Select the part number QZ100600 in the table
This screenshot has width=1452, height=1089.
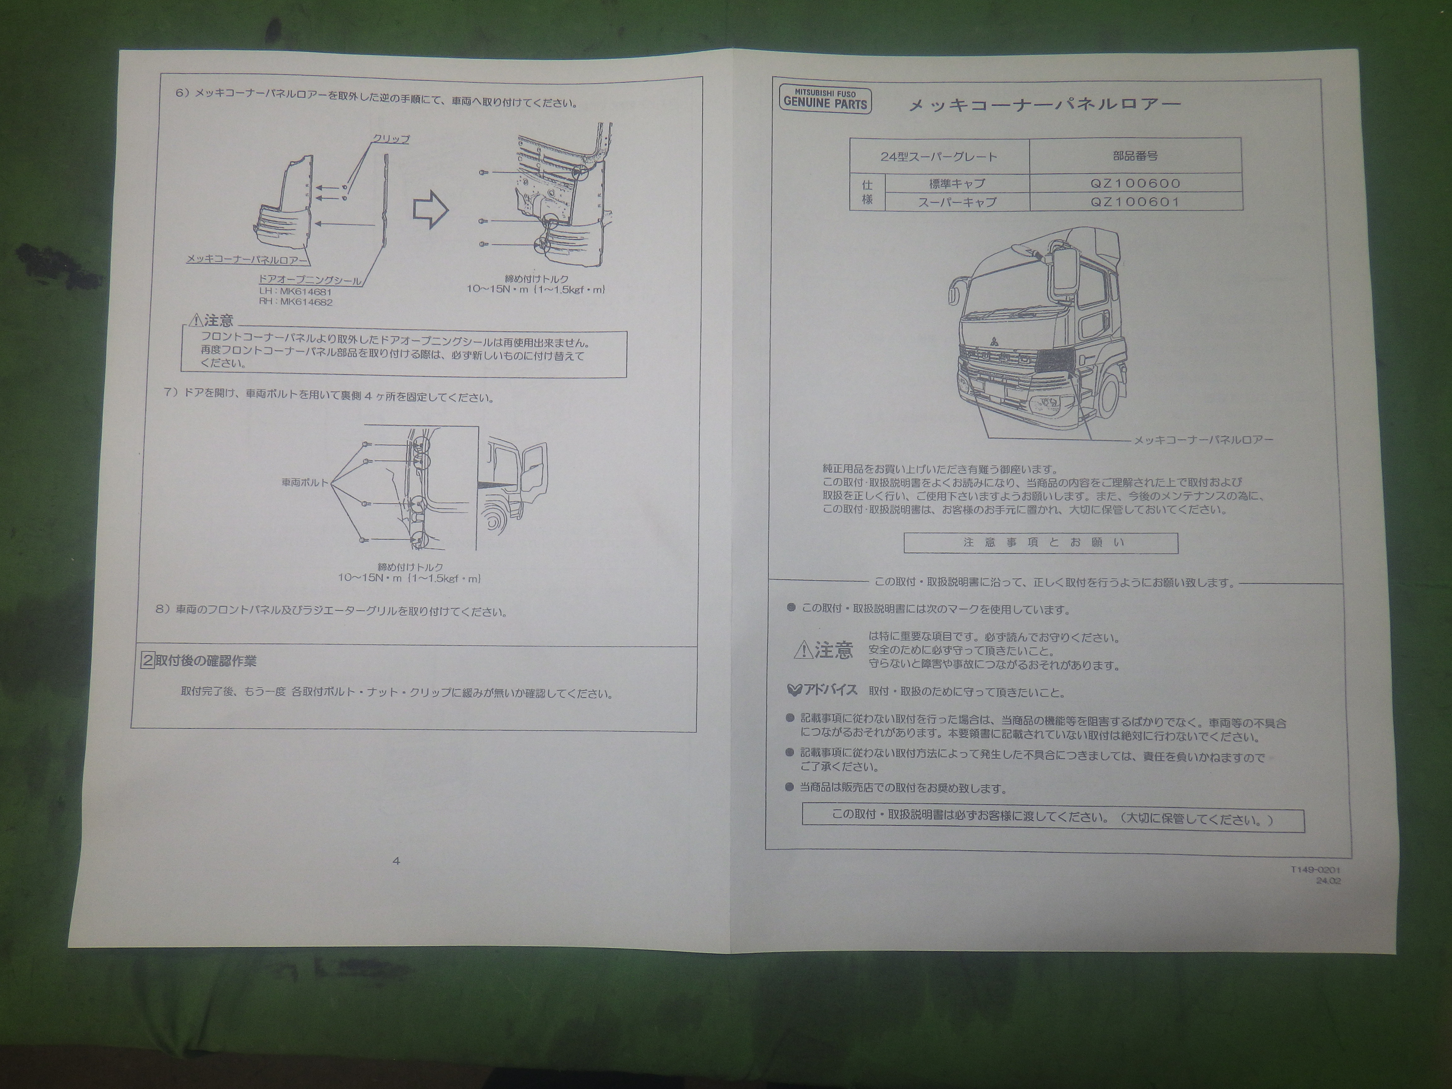[x=1135, y=184]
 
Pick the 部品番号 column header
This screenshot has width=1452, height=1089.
[x=1135, y=156]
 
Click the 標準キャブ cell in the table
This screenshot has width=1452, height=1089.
[x=957, y=184]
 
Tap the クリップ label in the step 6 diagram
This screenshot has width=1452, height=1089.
[x=391, y=139]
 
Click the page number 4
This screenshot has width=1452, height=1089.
[x=396, y=861]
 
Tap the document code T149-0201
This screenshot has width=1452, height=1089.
[x=1316, y=870]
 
